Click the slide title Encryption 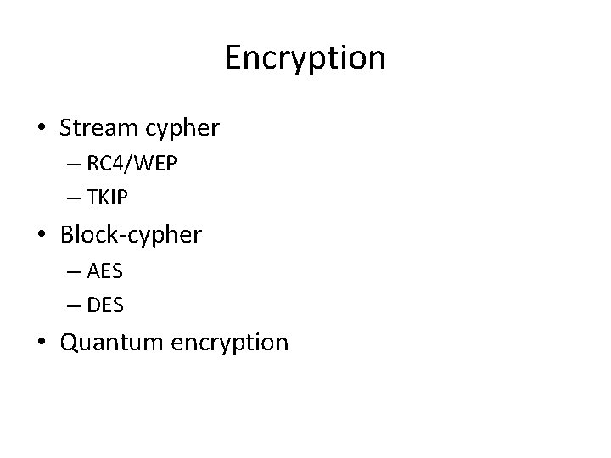point(305,58)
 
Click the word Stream point(92,128)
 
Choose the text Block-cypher point(131,235)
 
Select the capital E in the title point(234,58)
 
